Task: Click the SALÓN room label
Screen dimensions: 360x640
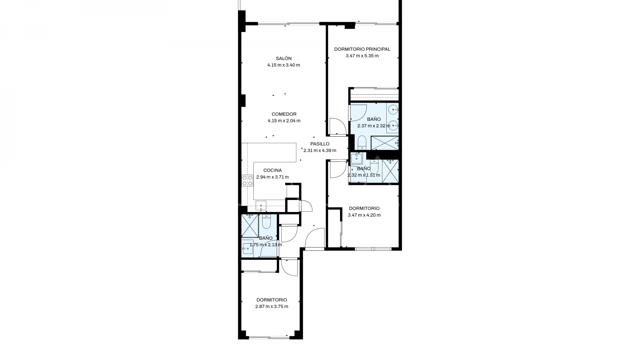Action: point(283,58)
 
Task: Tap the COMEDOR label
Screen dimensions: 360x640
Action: point(284,114)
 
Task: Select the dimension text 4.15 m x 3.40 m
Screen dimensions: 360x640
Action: point(283,65)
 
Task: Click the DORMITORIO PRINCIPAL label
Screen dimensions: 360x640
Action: point(362,49)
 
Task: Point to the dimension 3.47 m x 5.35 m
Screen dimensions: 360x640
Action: point(362,56)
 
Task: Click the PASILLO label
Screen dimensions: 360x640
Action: point(320,144)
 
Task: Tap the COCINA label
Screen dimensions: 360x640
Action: point(272,170)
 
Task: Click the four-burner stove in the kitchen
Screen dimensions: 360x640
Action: point(247,180)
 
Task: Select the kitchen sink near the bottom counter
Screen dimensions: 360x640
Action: point(261,205)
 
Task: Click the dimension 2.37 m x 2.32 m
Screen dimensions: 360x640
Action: point(374,126)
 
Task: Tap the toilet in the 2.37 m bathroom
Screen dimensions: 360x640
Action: point(362,143)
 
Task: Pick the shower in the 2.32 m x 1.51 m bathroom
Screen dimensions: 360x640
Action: point(390,171)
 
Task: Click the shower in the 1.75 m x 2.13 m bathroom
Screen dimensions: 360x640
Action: point(250,225)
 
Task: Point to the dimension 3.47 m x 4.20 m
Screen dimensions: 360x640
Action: point(364,215)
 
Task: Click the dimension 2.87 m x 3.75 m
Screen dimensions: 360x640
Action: point(272,306)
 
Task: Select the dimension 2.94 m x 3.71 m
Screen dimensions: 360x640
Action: point(272,177)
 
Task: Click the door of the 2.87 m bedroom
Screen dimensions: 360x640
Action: point(289,267)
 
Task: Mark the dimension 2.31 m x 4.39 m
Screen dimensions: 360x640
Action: point(320,150)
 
